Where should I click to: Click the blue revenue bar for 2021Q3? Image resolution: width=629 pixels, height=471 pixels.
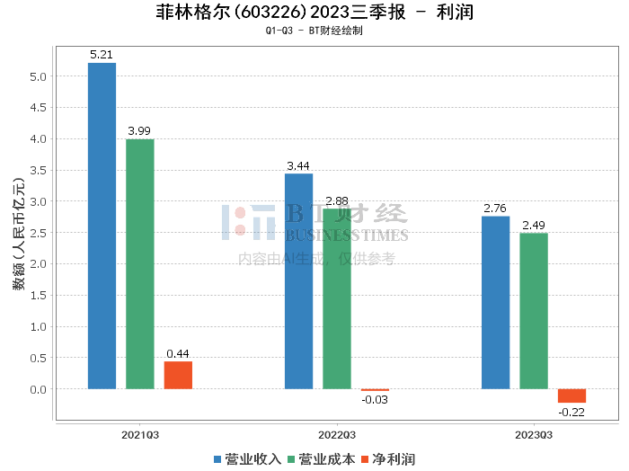coord(102,226)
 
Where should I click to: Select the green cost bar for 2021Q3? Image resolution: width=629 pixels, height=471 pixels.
coord(140,264)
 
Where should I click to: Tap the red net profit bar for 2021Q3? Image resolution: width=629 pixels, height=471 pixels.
coord(178,375)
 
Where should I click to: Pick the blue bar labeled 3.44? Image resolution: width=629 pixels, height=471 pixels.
coord(299,281)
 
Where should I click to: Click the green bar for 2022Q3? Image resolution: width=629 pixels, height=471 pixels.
coord(337,299)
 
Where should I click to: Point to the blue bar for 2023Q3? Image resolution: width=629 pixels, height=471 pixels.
coord(496,303)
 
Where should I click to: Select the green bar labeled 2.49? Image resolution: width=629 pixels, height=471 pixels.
coord(534,311)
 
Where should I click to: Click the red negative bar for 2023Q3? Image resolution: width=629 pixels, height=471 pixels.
coord(572,395)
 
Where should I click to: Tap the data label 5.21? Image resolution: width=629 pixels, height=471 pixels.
coord(102,55)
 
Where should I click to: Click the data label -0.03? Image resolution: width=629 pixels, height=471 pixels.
coord(375,400)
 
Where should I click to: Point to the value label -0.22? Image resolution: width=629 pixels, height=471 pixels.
coord(571,412)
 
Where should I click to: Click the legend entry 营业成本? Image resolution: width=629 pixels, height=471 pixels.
coord(322,459)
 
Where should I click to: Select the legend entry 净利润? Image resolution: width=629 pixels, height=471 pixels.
coord(388,459)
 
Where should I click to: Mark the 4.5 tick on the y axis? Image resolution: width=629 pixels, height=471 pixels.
coord(38,108)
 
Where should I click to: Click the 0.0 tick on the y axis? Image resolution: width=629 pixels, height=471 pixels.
coord(38,389)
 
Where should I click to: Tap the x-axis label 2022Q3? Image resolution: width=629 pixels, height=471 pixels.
coord(337,435)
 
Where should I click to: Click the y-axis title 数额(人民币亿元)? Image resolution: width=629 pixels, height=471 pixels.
coord(19,234)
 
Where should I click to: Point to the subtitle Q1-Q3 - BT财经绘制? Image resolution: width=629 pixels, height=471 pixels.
coord(314,31)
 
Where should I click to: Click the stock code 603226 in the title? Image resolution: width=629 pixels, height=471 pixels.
coord(270,12)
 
